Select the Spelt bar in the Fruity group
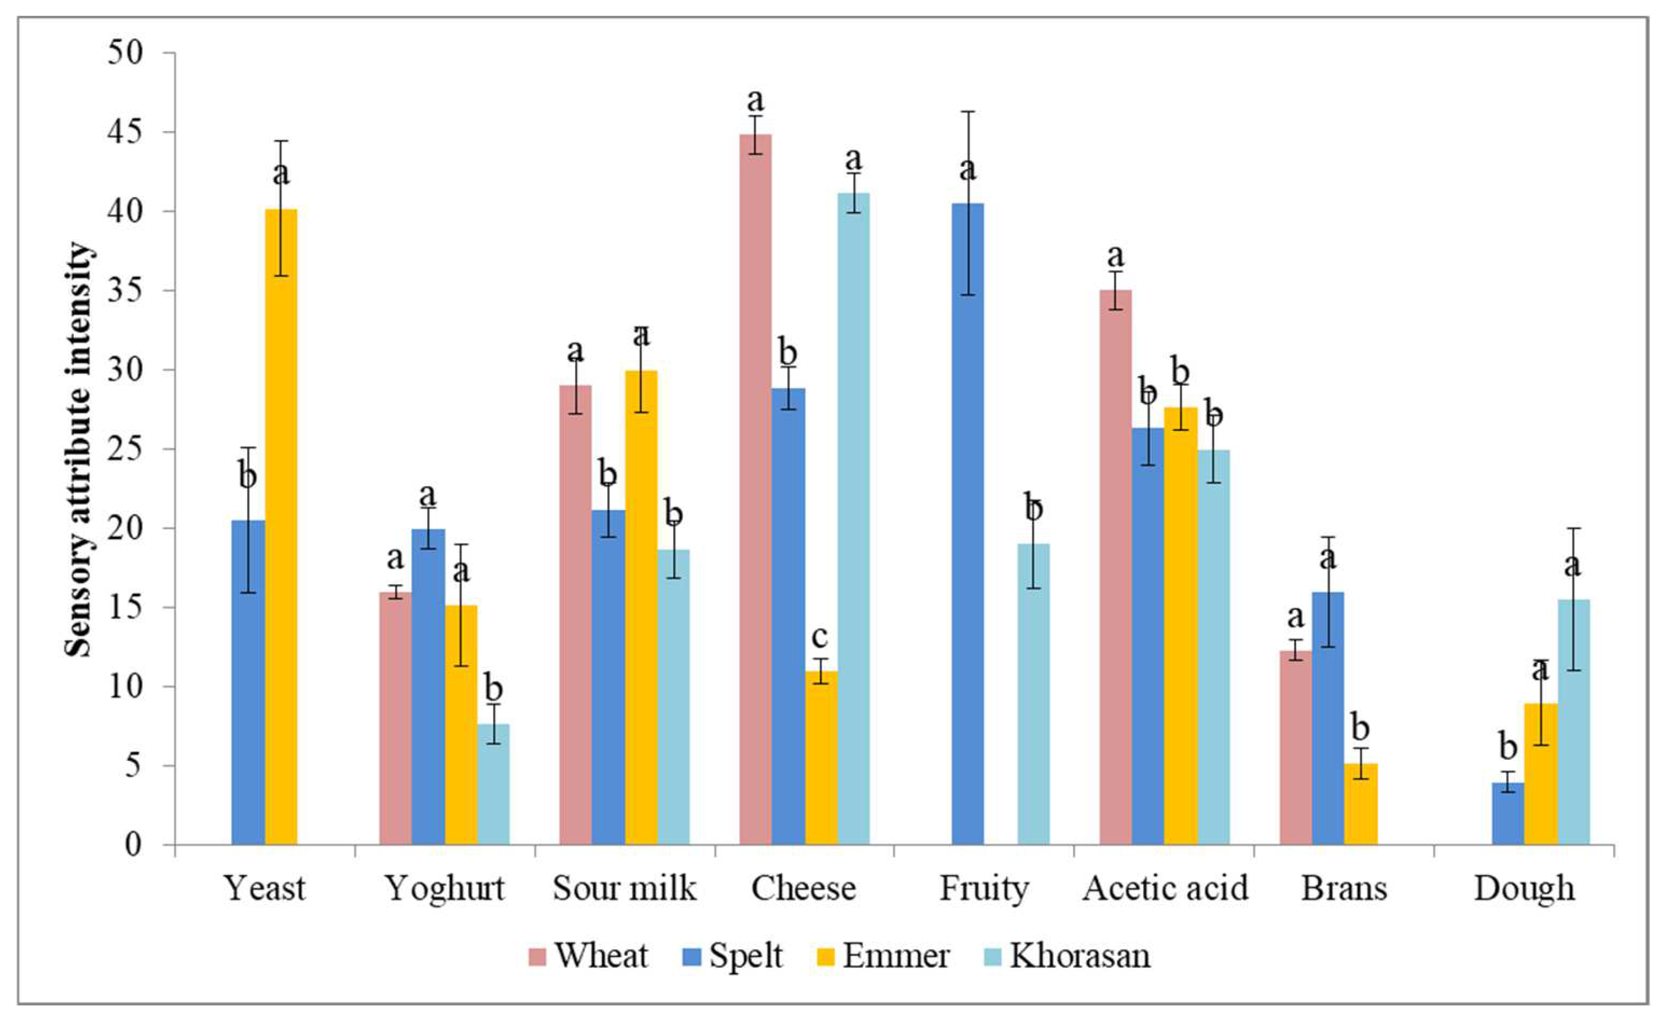click(967, 524)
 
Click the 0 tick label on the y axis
click(134, 845)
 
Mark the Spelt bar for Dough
click(1508, 814)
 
